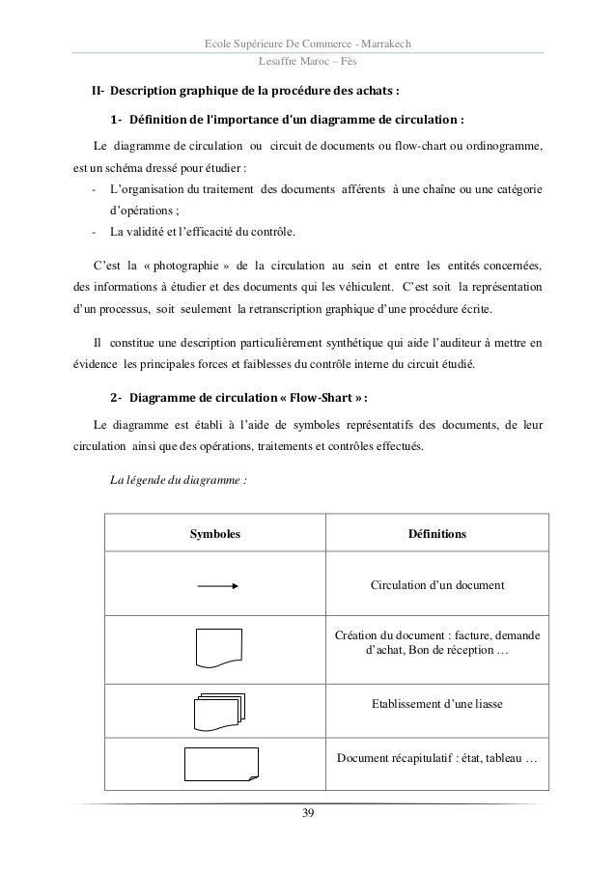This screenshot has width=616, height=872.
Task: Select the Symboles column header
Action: click(x=214, y=533)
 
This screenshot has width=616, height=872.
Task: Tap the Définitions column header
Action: click(x=437, y=533)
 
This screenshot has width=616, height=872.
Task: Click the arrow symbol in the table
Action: click(x=217, y=585)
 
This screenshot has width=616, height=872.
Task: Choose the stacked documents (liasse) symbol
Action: click(x=219, y=711)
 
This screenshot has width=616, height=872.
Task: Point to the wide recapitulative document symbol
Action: click(x=221, y=764)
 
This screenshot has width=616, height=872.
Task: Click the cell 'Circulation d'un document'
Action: click(x=437, y=585)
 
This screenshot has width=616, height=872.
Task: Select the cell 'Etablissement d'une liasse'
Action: click(x=437, y=704)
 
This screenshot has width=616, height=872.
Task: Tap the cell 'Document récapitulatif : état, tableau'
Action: click(x=437, y=757)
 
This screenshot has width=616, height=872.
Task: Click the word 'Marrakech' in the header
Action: click(x=385, y=40)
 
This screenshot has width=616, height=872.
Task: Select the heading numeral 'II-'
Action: click(x=98, y=93)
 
